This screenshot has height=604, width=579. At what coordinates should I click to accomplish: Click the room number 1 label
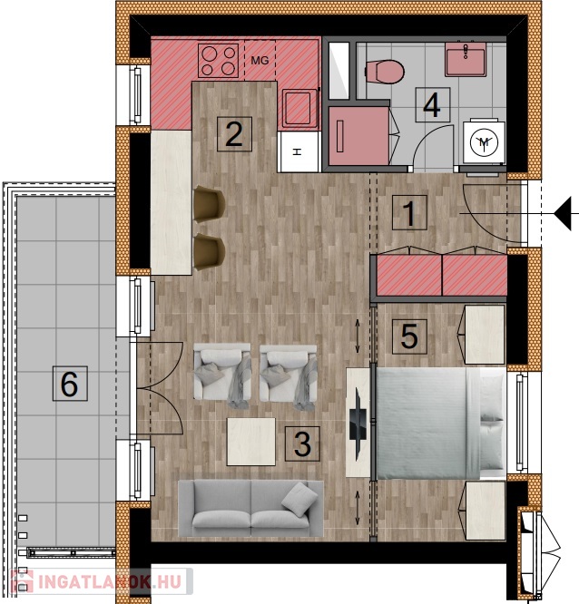tap(409, 212)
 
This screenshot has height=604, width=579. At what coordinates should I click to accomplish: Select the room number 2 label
tap(234, 134)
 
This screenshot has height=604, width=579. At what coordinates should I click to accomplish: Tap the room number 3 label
tap(302, 443)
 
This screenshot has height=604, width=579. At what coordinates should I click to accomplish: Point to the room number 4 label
tap(433, 105)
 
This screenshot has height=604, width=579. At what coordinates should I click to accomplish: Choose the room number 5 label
tap(409, 336)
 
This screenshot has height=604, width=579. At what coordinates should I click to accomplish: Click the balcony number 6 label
tap(70, 384)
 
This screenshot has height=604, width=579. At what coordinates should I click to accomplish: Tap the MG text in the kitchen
tap(260, 61)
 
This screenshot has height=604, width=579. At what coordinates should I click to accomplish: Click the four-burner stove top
tap(218, 61)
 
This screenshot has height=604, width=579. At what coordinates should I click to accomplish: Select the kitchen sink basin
tap(298, 108)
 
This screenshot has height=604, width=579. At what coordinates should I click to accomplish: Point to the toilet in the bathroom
tap(384, 72)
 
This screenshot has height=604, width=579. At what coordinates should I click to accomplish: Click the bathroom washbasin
tap(466, 59)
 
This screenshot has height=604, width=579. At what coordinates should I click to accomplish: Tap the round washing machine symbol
tap(485, 142)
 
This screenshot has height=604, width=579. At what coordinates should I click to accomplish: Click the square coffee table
tap(251, 442)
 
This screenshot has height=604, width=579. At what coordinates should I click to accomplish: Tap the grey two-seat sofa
tap(250, 508)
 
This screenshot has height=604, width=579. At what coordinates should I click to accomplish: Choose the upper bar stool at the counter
tap(209, 204)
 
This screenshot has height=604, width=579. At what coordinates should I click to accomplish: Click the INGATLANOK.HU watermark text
tap(110, 581)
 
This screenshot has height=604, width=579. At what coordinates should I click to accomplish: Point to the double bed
tap(441, 423)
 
